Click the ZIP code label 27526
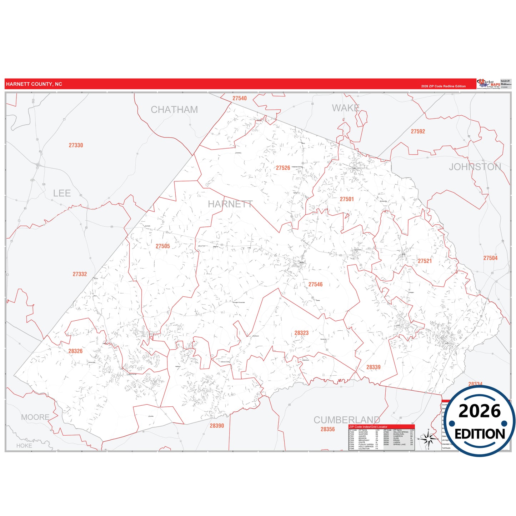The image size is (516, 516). click(x=283, y=168)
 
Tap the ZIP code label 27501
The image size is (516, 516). click(x=347, y=199)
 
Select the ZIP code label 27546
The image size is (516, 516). click(x=315, y=285)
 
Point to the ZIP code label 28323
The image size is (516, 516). click(x=301, y=333)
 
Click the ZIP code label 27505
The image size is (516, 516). click(x=163, y=246)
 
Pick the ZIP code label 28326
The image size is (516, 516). click(x=75, y=351)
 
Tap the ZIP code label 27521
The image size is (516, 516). click(x=425, y=261)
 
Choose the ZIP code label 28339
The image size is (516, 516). click(x=373, y=367)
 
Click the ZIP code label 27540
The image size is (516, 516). click(x=239, y=99)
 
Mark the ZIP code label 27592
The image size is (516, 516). click(x=418, y=131)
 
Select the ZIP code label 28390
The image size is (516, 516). click(x=217, y=426)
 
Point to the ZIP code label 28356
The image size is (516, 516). click(x=327, y=429)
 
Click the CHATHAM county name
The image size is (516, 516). click(x=174, y=110)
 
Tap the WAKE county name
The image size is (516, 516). click(x=346, y=108)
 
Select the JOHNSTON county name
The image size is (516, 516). click(x=475, y=167)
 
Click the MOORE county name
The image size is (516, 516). click(x=35, y=417)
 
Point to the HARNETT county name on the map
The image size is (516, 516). click(x=230, y=204)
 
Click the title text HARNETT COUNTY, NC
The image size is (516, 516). click(x=34, y=84)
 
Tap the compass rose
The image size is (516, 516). click(x=429, y=439)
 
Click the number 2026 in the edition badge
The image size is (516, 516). click(x=480, y=411)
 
